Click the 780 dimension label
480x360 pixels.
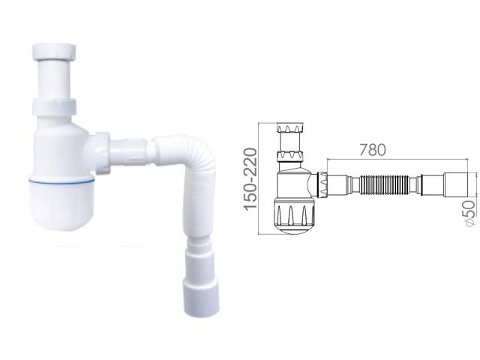[372, 150]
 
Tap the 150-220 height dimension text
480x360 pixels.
[250, 178]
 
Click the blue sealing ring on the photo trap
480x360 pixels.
[61, 181]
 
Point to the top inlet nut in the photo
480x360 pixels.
[54, 52]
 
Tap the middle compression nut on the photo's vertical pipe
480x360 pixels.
[54, 107]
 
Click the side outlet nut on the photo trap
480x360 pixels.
[102, 153]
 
